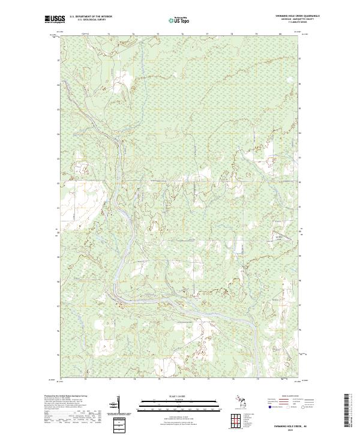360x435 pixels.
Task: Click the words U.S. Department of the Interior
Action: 91,16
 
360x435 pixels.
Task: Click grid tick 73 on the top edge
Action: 109,34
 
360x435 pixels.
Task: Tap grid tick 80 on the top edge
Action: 280,34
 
